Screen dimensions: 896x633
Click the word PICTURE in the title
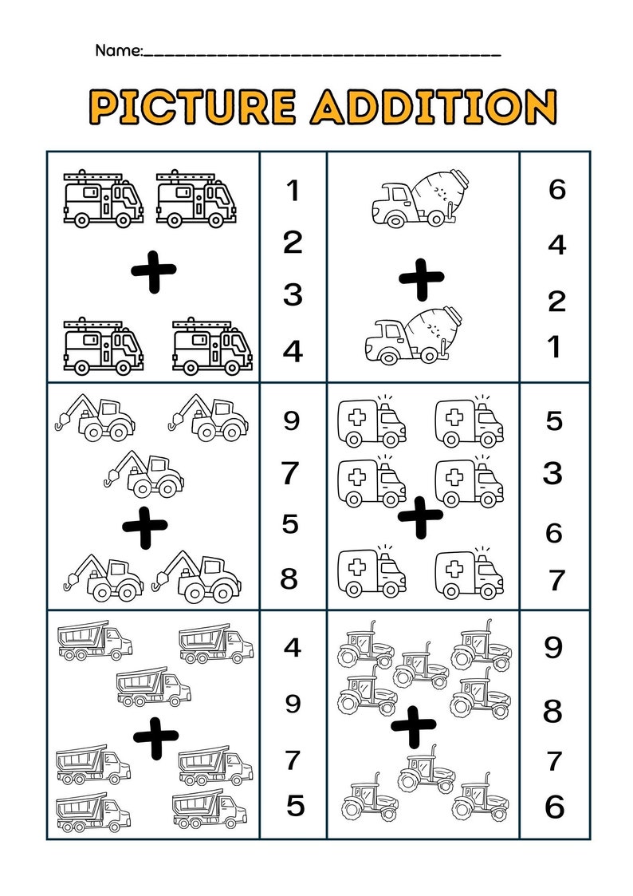(x=192, y=106)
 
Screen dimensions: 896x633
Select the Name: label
(x=119, y=51)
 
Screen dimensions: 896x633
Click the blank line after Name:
(x=322, y=53)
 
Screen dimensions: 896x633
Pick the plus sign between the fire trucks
(x=154, y=276)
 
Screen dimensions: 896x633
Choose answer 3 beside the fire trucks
(x=293, y=295)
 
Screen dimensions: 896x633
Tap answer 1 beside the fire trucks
(x=293, y=191)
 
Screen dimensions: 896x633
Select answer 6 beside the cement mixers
(x=556, y=190)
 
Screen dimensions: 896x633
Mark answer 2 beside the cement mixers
(x=556, y=302)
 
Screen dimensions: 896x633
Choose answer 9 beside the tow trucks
(x=293, y=420)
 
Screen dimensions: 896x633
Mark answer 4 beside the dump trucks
(x=293, y=647)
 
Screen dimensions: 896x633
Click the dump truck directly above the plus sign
(x=153, y=687)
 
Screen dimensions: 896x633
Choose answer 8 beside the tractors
(x=553, y=710)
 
